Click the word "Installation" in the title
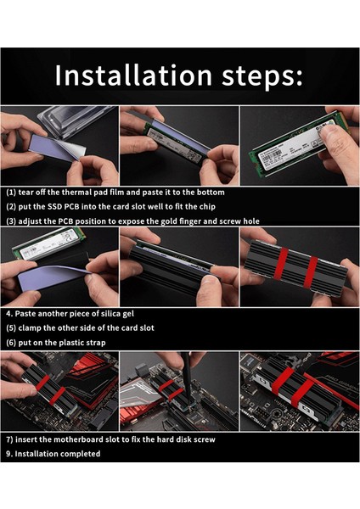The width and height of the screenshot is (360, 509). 133,75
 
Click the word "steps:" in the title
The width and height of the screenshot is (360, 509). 262,77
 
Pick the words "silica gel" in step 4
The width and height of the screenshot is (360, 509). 117,314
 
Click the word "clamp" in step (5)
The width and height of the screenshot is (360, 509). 30,328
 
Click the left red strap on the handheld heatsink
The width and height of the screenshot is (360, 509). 281,264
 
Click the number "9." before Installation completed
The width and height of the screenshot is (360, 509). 9,454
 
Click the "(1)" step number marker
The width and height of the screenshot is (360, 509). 11,193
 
